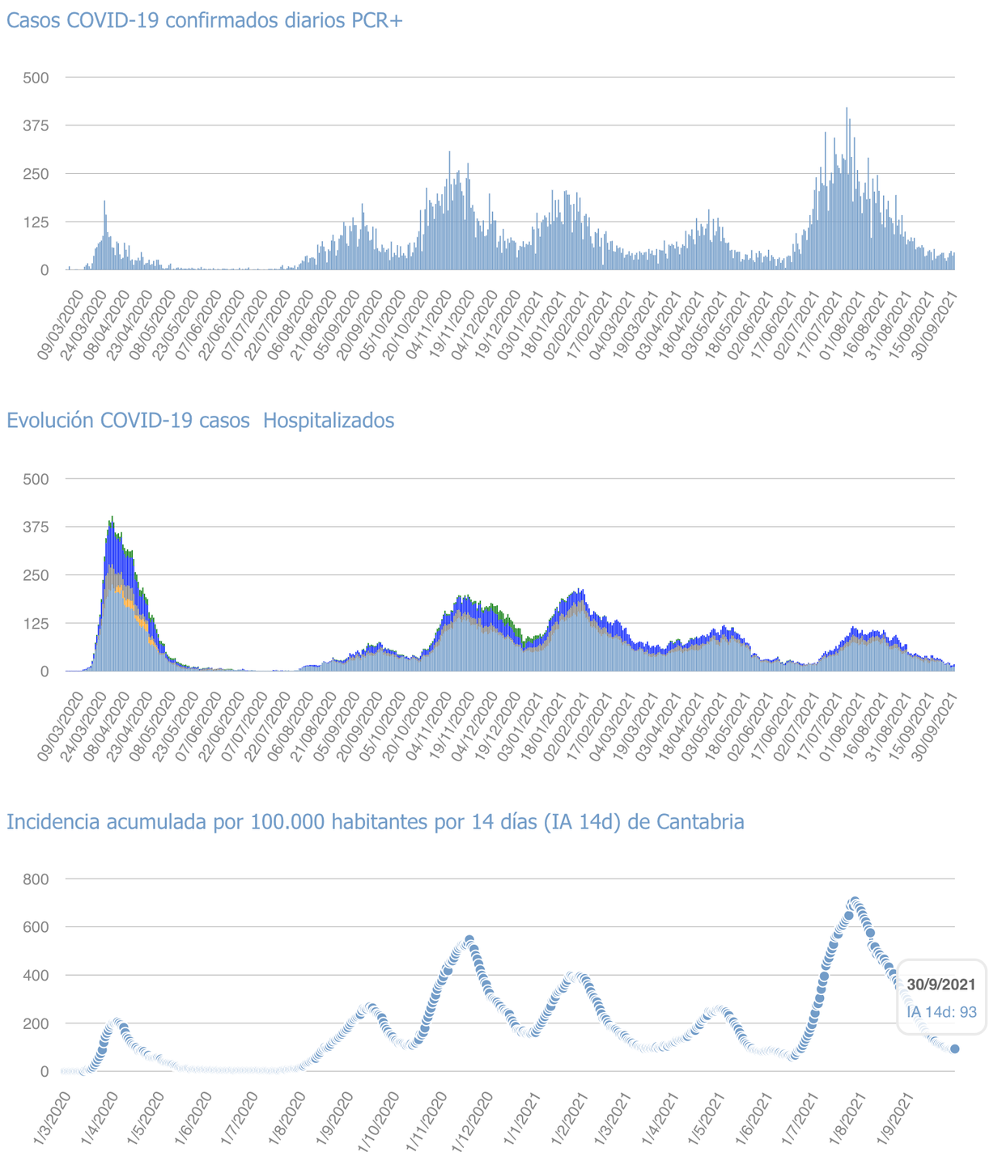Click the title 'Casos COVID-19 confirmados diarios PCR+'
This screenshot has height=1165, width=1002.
click(x=205, y=20)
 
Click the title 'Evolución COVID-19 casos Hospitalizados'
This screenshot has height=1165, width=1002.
click(x=200, y=421)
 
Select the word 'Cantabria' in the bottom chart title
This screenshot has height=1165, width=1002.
click(x=700, y=822)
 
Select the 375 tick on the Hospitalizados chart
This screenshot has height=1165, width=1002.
click(x=36, y=527)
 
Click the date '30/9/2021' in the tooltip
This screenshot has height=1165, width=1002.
click(x=941, y=985)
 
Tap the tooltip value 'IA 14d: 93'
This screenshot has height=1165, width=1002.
click(x=941, y=1012)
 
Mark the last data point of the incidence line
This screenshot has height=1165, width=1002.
click(x=955, y=1048)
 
